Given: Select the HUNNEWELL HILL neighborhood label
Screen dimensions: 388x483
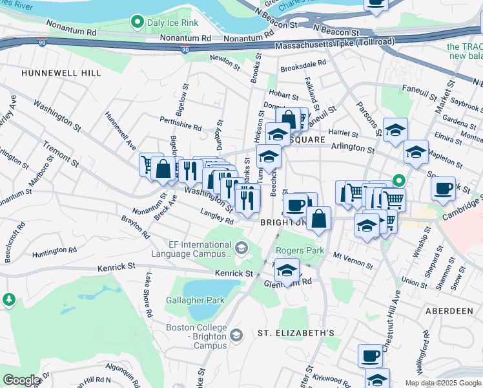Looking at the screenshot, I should [61, 73].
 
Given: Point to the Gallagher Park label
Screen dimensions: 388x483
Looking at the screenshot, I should [194, 300].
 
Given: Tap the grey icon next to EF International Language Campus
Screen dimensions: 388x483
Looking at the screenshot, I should [241, 248].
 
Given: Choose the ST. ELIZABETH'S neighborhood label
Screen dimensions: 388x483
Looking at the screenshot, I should [296, 333].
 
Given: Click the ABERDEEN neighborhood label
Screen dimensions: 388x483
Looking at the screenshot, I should [449, 311].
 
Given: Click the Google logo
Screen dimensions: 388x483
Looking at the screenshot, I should [21, 380].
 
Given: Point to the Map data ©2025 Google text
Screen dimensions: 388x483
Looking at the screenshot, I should [443, 383].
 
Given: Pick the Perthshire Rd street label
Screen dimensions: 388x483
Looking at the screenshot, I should [181, 127].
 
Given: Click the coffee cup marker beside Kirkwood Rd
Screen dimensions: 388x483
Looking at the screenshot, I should [371, 355].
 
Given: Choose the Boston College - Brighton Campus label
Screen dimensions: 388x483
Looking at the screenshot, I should [198, 333].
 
